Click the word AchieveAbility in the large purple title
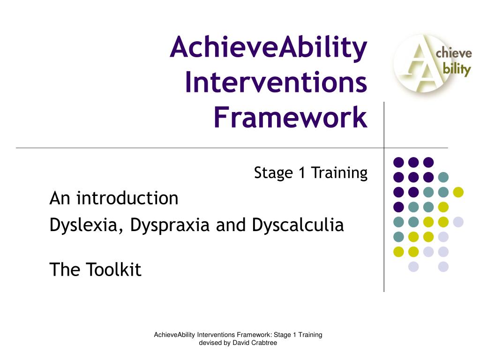pos(269,48)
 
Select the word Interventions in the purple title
pos(276,82)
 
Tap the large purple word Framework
pos(291,117)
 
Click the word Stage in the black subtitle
pos(274,173)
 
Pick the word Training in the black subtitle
pos(339,173)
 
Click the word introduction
pos(127,198)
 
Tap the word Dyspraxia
pos(170,225)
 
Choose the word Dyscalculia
pos(298,225)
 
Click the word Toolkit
pos(114,270)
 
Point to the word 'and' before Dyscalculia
pos(231,225)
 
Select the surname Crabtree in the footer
pos(264,343)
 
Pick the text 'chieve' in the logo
pos(454,53)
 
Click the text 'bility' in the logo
pos(457,69)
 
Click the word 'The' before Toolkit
pos(65,270)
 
